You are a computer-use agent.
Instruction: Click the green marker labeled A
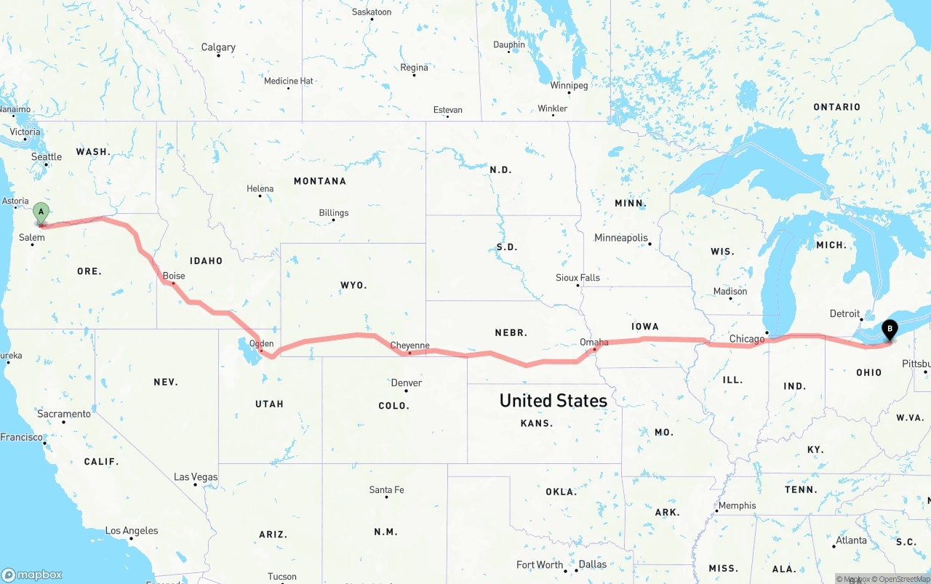[x=41, y=213]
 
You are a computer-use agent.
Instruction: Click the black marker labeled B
[x=889, y=329]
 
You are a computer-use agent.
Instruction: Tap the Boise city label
[x=174, y=276]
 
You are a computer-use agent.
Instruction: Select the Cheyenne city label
[x=409, y=345]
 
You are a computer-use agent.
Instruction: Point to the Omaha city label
[x=594, y=342]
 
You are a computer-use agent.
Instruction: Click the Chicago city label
[x=747, y=339]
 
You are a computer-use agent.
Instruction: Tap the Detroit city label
[x=844, y=313]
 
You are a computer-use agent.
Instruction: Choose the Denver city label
[x=407, y=383]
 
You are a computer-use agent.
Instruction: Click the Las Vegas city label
[x=196, y=477]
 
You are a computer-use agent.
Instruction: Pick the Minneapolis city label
[x=620, y=238]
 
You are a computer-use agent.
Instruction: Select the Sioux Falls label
[x=578, y=277]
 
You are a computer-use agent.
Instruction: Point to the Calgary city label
[x=218, y=47]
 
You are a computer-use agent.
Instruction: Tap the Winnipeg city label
[x=569, y=85]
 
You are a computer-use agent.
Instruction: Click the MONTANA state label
[x=320, y=181]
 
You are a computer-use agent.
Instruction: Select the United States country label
[x=553, y=400]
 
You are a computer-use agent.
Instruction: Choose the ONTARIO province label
[x=836, y=107]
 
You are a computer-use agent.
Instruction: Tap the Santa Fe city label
[x=386, y=489]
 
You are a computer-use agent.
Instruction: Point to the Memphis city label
[x=737, y=505]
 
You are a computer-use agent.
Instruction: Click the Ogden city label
[x=261, y=343]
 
